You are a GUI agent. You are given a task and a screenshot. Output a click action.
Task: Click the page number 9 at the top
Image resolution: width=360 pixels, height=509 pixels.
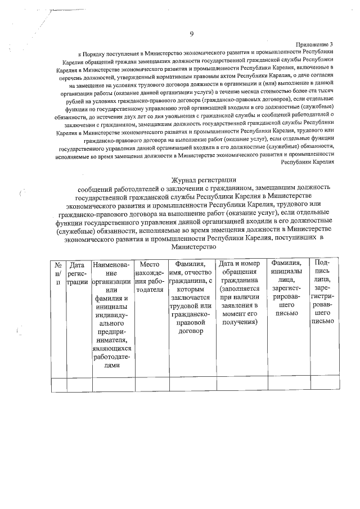click(x=192, y=34)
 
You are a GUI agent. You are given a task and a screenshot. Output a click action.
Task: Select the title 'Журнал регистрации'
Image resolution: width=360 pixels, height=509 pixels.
click(x=194, y=179)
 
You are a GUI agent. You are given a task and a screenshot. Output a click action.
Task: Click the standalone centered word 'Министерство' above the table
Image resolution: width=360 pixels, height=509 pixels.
click(x=194, y=246)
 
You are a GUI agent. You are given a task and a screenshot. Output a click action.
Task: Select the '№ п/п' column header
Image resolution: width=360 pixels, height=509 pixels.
click(x=57, y=273)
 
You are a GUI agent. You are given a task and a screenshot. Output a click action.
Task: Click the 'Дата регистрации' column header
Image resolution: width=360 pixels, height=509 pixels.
click(x=76, y=273)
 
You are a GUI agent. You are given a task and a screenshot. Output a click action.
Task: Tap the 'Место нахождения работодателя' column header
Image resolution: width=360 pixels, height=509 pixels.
click(x=150, y=273)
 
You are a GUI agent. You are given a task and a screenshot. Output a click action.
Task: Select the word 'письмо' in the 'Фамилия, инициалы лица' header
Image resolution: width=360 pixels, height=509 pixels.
click(x=287, y=313)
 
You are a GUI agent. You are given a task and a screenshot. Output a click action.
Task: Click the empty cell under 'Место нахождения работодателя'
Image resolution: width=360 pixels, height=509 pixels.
click(x=150, y=385)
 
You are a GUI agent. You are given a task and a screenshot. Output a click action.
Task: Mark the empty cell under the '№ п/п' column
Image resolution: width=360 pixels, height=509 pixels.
click(x=57, y=385)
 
